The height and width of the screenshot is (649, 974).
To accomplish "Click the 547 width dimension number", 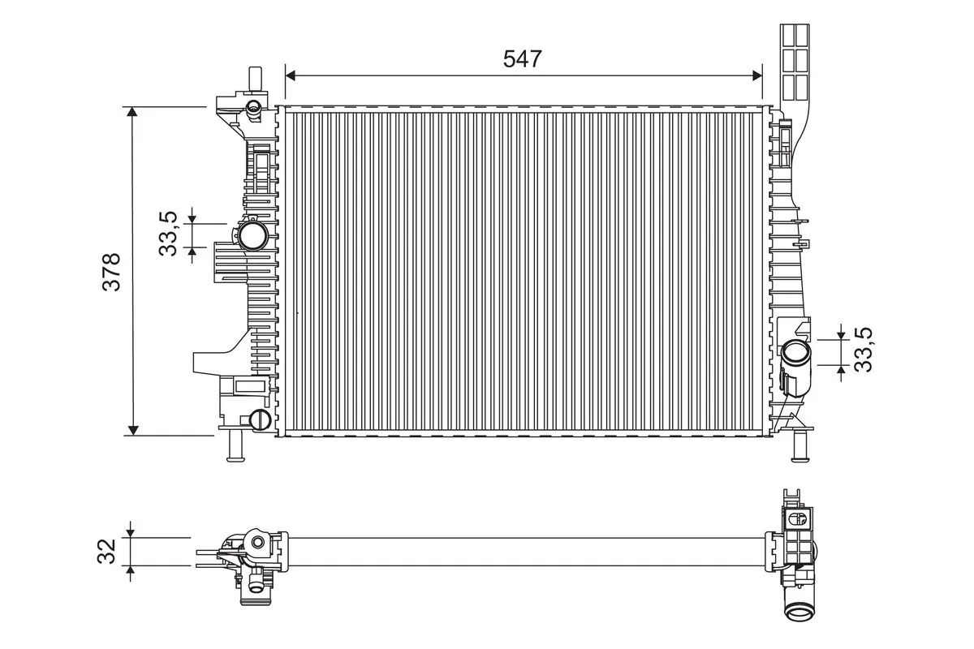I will click(x=522, y=58).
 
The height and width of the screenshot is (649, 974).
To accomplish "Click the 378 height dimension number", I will click(x=111, y=272).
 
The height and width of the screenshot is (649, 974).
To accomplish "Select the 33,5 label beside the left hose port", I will click(x=168, y=234).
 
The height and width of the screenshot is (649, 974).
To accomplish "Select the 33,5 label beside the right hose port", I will click(x=865, y=350).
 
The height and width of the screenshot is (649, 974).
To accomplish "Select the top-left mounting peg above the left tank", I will click(x=253, y=81).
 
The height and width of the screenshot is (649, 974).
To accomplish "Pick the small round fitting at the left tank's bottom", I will click(x=260, y=419).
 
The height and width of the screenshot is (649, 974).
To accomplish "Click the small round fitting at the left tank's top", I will click(x=253, y=106).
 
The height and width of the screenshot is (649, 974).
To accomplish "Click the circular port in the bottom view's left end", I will click(x=258, y=543).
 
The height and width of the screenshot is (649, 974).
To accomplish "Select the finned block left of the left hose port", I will click(x=228, y=262).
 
